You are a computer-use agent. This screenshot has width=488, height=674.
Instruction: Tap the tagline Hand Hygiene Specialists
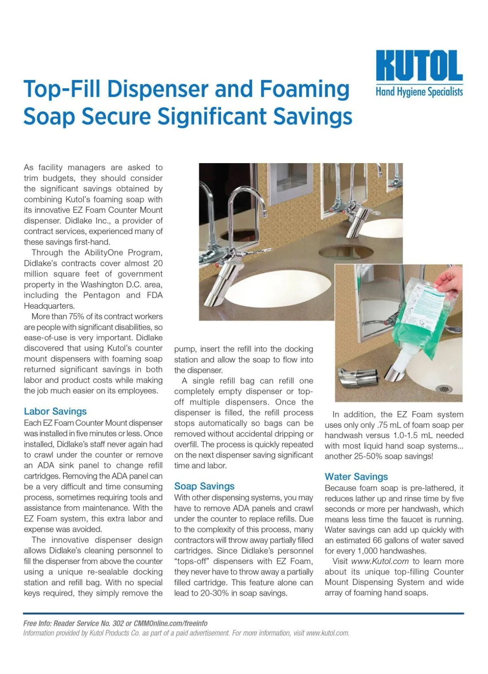pyautogui.click(x=419, y=92)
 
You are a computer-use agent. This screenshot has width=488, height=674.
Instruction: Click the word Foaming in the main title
pyautogui.click(x=304, y=89)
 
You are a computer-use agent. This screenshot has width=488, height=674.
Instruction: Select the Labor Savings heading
pyautogui.click(x=55, y=411)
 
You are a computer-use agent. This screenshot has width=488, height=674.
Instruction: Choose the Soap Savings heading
pyautogui.click(x=204, y=486)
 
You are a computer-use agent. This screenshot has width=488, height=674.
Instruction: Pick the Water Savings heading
pyautogui.click(x=356, y=476)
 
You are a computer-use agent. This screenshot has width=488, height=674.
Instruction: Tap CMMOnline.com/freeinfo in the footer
pyautogui.click(x=170, y=623)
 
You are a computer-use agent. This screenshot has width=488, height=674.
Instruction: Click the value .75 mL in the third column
pyautogui.click(x=389, y=425)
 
